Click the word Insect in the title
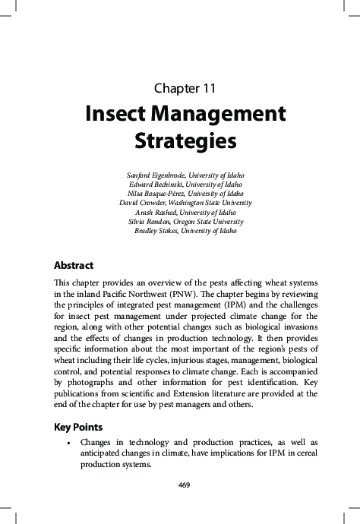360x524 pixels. [122, 115]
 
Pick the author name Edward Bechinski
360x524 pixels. [152, 185]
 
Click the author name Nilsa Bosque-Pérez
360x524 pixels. [152, 194]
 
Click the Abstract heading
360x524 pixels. [74, 266]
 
